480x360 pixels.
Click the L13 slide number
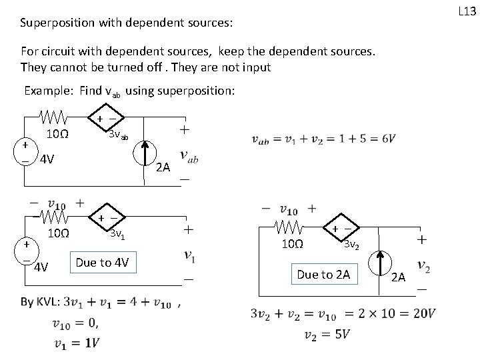click(465, 11)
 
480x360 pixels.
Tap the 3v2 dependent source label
click(353, 245)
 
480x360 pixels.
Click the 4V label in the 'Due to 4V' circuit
click(42, 269)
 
